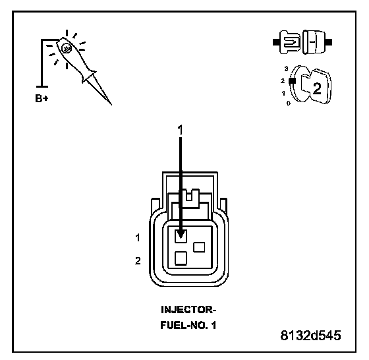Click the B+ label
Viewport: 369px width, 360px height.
pyautogui.click(x=42, y=98)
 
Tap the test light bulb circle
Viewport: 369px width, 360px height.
pyautogui.click(x=66, y=48)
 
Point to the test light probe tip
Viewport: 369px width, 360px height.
pyautogui.click(x=111, y=104)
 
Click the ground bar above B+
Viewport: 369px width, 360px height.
pyautogui.click(x=42, y=86)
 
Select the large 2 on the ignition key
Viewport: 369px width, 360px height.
pyautogui.click(x=317, y=89)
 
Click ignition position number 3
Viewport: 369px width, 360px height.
pyautogui.click(x=286, y=69)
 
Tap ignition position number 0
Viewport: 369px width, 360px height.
pyautogui.click(x=289, y=103)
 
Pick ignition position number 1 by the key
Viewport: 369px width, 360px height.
pyautogui.click(x=283, y=93)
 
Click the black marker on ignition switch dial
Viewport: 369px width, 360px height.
pyautogui.click(x=293, y=80)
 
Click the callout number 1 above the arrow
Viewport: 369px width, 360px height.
pyautogui.click(x=180, y=130)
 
